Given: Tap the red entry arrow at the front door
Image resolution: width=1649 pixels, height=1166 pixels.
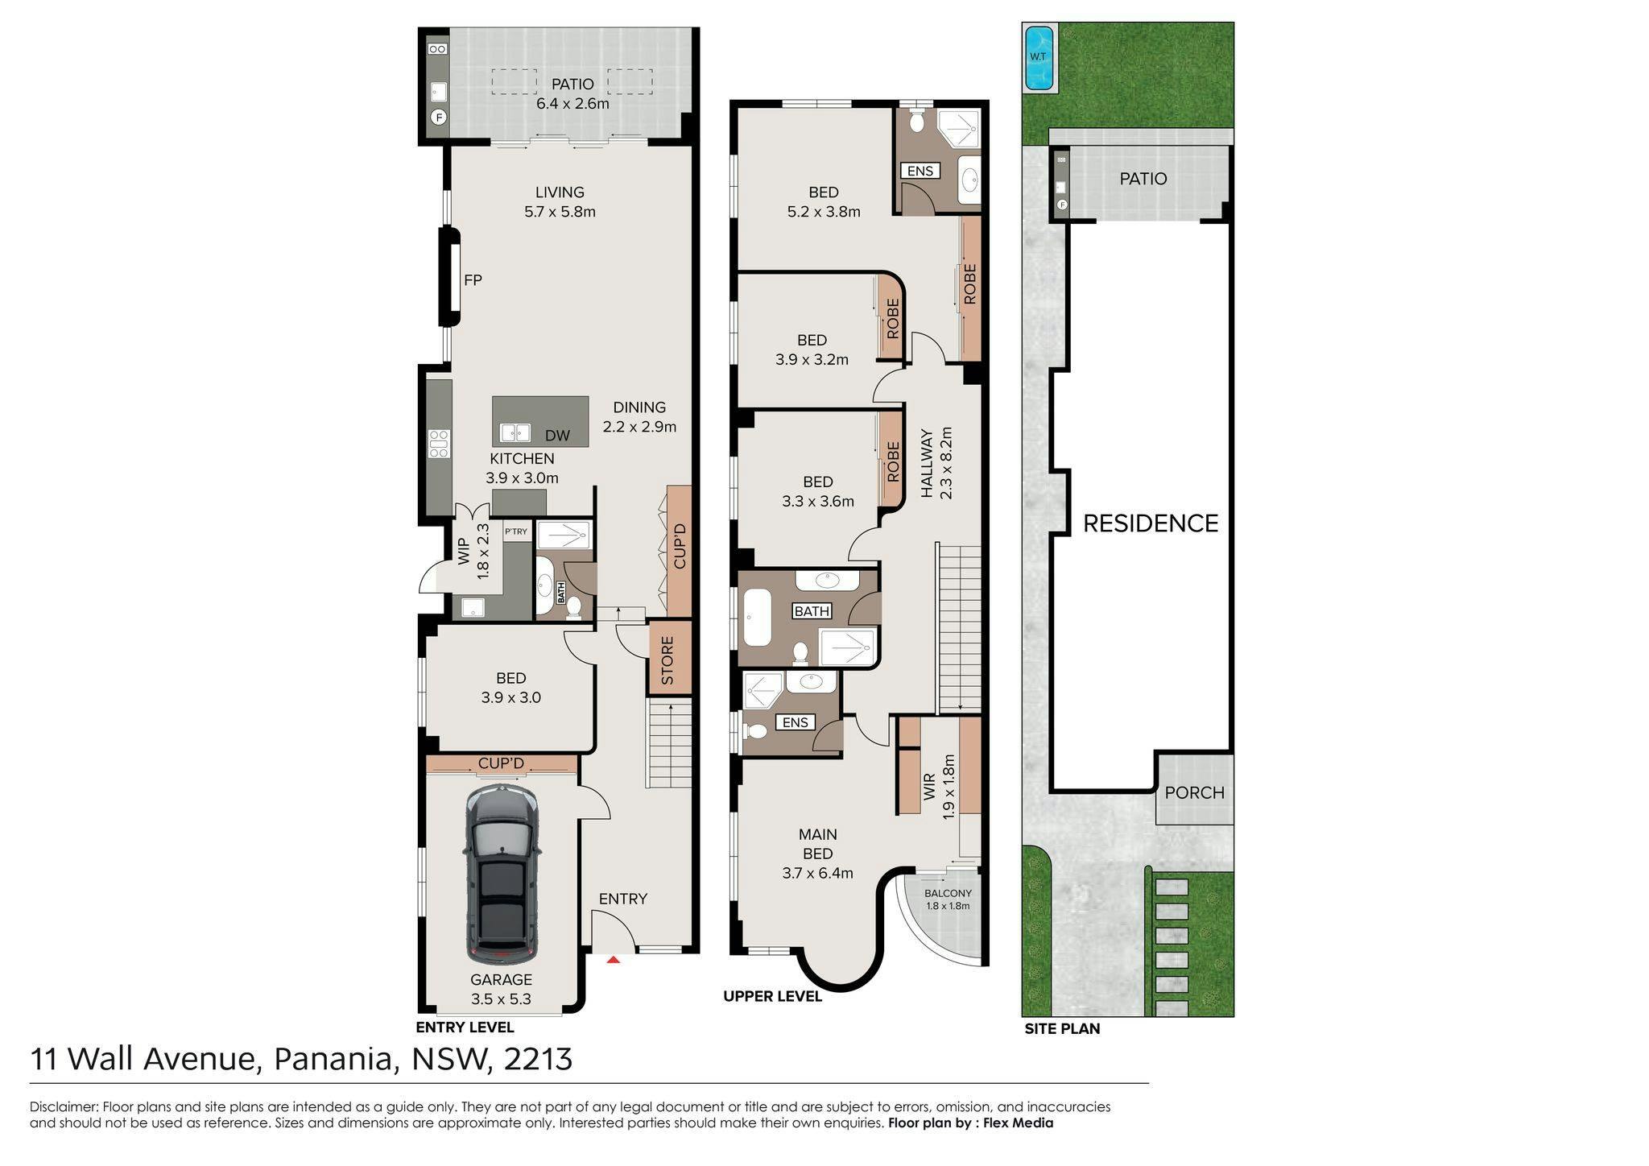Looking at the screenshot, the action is (x=614, y=959).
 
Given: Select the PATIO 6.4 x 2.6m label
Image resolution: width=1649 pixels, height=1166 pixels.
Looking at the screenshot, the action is (x=572, y=93).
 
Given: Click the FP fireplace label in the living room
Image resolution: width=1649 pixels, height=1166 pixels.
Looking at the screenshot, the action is (x=473, y=280).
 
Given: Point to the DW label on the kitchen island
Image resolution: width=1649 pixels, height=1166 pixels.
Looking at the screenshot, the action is (x=557, y=436).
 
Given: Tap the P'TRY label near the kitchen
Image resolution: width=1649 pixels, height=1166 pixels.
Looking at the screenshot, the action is (x=516, y=531).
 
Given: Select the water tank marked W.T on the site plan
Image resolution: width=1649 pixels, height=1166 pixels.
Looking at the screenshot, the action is (x=1038, y=57).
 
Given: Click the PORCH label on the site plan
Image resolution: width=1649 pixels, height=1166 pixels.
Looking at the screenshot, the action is (x=1194, y=792).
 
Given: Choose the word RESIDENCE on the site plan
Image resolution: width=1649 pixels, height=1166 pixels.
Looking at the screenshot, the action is (x=1151, y=523).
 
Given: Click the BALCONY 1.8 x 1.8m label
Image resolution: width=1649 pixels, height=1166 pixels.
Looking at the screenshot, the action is (x=948, y=899).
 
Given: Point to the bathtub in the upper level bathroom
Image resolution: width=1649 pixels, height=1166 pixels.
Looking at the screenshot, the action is (x=757, y=618).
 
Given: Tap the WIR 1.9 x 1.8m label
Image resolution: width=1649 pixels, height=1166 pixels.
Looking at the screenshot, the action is (x=939, y=787).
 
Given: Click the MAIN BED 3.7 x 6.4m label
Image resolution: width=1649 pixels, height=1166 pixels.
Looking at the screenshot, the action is (x=818, y=854).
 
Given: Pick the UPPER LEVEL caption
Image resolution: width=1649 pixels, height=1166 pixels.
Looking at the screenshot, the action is (x=772, y=997).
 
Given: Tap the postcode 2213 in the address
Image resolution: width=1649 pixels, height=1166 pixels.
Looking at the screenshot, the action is (x=538, y=1059).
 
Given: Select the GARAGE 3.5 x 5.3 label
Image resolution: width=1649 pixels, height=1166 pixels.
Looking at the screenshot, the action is (x=501, y=990).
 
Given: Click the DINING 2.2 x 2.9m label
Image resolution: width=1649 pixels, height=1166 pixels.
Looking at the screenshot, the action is (x=639, y=417).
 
